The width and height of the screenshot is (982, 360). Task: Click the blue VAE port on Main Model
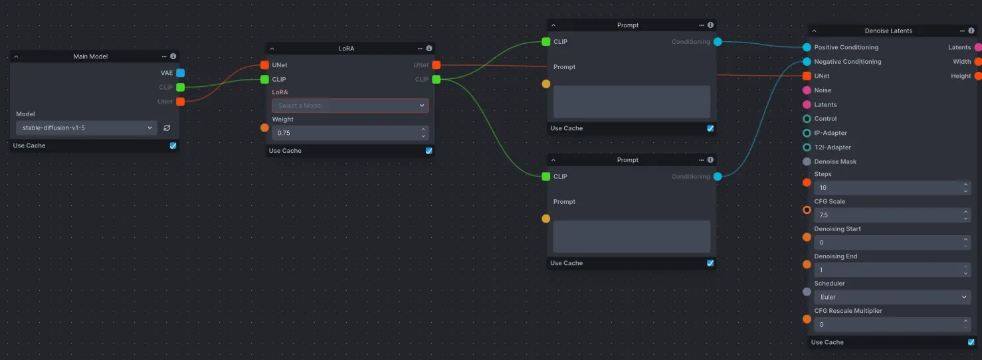point(180,73)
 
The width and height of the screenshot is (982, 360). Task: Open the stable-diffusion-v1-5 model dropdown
point(86,128)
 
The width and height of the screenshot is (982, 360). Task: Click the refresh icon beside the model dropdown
point(167,128)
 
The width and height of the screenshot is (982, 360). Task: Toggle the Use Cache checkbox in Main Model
point(173,145)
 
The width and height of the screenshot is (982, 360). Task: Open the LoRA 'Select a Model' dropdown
point(350,106)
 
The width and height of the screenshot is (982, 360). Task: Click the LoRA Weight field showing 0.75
point(345,134)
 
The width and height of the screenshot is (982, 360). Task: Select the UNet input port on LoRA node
point(264,65)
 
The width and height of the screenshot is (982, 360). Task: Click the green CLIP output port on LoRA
point(436,80)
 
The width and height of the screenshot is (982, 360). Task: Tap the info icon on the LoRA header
point(429,48)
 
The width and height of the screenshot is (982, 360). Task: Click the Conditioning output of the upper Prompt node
point(717,42)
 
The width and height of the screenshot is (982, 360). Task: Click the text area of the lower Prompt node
point(631,236)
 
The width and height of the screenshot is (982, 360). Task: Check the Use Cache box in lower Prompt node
point(710,263)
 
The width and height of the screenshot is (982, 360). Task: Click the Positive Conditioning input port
point(807,47)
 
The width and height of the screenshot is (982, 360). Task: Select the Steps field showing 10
point(887,188)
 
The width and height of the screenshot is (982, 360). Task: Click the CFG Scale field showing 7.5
point(887,215)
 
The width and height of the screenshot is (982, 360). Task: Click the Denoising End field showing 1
point(887,270)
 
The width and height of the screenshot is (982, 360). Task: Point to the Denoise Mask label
point(835,161)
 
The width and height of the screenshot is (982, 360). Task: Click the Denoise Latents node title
point(888,31)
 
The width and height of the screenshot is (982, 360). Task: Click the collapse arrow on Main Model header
point(17,56)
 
